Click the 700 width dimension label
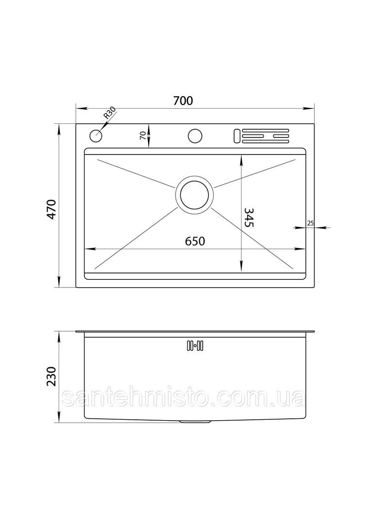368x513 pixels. (183, 101)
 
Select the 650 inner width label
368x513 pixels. (195, 241)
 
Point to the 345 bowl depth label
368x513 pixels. (249, 217)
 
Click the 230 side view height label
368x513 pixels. (52, 376)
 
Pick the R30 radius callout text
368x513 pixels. (109, 113)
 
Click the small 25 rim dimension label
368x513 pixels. (310, 223)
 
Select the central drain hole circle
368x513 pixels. (194, 195)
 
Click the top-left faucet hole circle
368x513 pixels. (96, 136)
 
